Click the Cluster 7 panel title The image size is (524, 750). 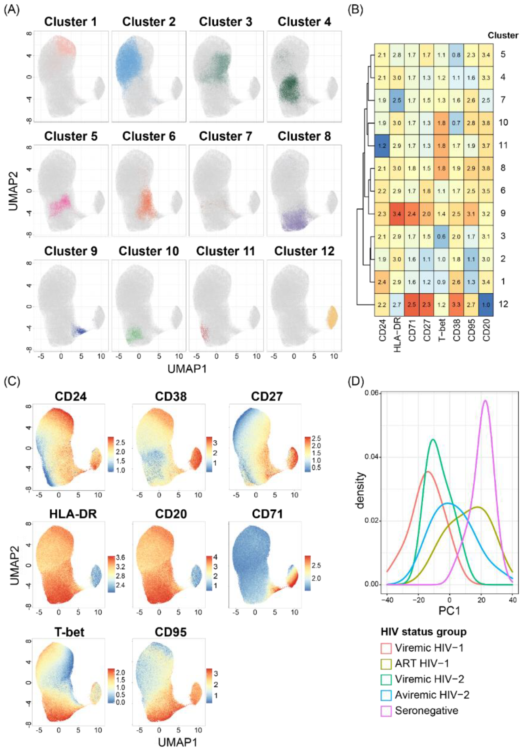tap(225, 136)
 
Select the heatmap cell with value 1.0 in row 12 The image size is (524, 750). tap(486, 304)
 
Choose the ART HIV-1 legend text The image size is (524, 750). tap(422, 664)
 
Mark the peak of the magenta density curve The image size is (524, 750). tap(485, 400)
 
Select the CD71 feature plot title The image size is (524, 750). tap(267, 514)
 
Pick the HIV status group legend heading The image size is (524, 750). tap(423, 632)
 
